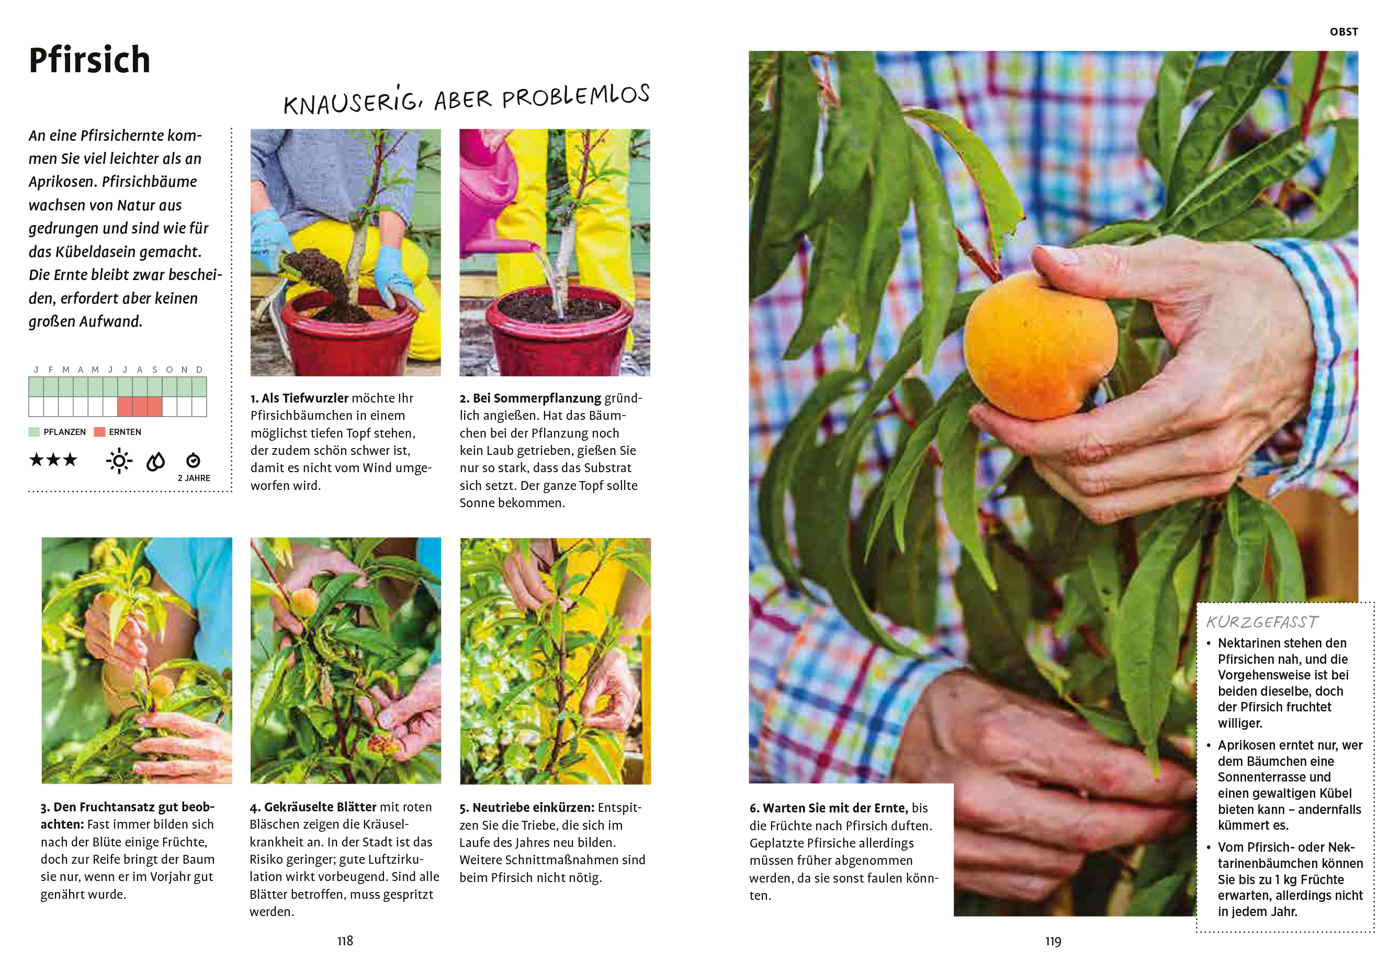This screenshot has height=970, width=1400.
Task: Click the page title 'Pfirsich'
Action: [x=89, y=60]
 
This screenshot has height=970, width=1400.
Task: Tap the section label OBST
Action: [x=1343, y=31]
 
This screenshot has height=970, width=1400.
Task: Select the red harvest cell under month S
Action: [x=155, y=407]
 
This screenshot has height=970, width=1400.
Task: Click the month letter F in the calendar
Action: [x=51, y=370]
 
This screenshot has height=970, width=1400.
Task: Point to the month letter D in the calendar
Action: [x=199, y=370]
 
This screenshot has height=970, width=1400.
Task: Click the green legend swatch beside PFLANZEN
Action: [x=34, y=432]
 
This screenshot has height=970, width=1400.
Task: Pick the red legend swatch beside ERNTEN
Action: [x=99, y=432]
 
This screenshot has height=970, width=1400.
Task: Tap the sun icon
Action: [x=119, y=461]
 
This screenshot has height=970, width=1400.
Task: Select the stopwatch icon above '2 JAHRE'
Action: [x=193, y=460]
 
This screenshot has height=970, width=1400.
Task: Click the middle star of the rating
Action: [x=53, y=460]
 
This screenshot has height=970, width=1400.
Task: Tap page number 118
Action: [x=345, y=941]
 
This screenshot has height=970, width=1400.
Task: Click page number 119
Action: [x=1053, y=941]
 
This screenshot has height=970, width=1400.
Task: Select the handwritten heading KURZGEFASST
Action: [x=1262, y=622]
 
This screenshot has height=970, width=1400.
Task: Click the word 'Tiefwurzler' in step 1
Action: [x=313, y=398]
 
